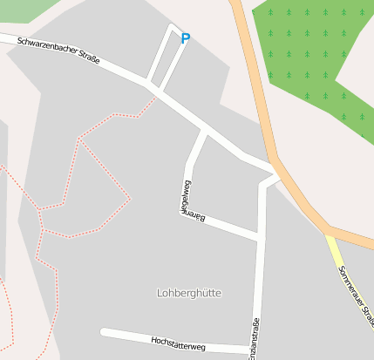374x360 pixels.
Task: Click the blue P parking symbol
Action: pos(185,38)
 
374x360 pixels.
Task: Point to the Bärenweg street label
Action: pos(186,199)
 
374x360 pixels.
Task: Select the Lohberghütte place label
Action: pos(189,293)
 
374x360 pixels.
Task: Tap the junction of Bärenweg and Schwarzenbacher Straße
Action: pos(204,132)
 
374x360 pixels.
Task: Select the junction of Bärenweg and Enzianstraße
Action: pos(259,235)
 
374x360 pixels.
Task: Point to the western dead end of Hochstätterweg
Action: pos(104,332)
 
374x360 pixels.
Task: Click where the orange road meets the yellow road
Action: pos(329,232)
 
